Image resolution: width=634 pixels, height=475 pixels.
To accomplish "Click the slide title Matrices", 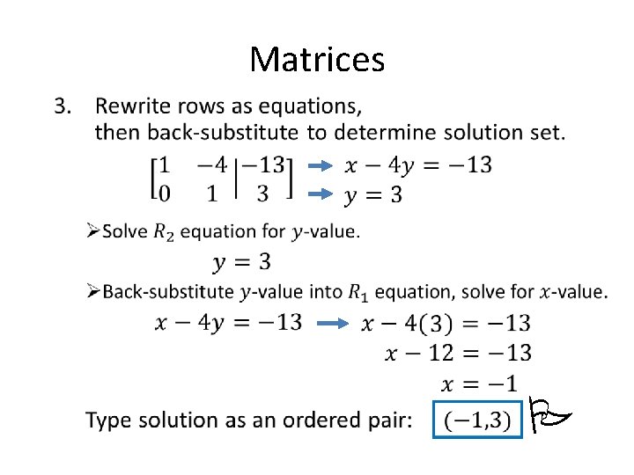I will [x=317, y=60].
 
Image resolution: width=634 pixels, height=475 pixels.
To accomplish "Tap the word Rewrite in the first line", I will [x=131, y=107].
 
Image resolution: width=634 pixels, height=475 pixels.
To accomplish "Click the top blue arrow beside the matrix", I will [x=323, y=164].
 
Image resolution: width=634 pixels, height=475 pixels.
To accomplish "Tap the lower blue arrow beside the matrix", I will [x=323, y=194].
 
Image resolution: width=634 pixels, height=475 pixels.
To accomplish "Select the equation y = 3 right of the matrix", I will [x=372, y=194].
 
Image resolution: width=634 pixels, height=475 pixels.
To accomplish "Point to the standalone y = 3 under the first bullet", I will [x=240, y=261].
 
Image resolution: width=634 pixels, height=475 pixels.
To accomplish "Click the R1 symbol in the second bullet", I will [x=358, y=292].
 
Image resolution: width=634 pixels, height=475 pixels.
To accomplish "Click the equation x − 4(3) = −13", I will [x=446, y=324].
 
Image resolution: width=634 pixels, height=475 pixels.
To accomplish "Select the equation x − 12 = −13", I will [x=458, y=354].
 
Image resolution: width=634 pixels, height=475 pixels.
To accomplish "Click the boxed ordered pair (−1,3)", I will [x=475, y=420].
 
